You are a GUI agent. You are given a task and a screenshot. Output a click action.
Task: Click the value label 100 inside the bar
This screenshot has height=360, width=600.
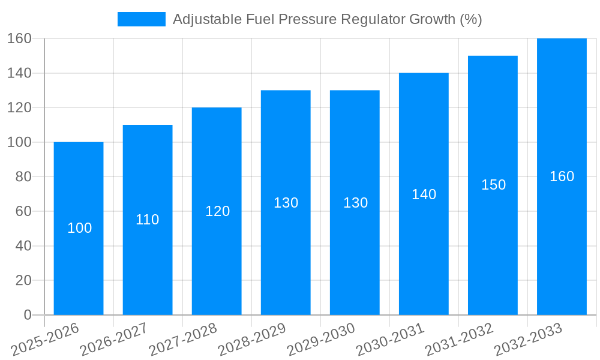click(x=80, y=228)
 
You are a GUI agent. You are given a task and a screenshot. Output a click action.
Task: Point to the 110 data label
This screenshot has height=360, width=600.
click(x=148, y=220)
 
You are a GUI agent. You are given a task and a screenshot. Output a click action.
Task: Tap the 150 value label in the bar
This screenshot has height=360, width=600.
click(x=494, y=185)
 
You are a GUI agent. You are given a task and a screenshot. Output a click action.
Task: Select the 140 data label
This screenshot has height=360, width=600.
click(x=424, y=194)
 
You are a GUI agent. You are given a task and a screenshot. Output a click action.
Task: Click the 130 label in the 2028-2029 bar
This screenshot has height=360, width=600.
click(x=286, y=203)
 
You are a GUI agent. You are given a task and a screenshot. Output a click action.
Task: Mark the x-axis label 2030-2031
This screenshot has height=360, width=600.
click(x=391, y=340)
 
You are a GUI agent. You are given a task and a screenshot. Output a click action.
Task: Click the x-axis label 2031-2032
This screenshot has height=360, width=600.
click(x=460, y=340)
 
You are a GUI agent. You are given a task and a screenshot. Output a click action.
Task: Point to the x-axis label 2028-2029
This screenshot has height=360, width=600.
click(x=253, y=340)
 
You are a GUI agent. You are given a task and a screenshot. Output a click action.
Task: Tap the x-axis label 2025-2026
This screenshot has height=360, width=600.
click(x=46, y=340)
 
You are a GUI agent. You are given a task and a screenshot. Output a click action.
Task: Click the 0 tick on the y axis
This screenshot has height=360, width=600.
click(x=28, y=315)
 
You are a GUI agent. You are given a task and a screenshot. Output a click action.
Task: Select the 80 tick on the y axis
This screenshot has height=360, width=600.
click(x=23, y=177)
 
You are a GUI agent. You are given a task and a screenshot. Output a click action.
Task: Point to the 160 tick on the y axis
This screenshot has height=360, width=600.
click(x=19, y=39)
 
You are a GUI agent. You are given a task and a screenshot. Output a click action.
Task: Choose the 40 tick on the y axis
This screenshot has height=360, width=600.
click(x=23, y=246)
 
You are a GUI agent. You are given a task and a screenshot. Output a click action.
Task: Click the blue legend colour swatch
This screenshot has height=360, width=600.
click(x=142, y=19)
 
